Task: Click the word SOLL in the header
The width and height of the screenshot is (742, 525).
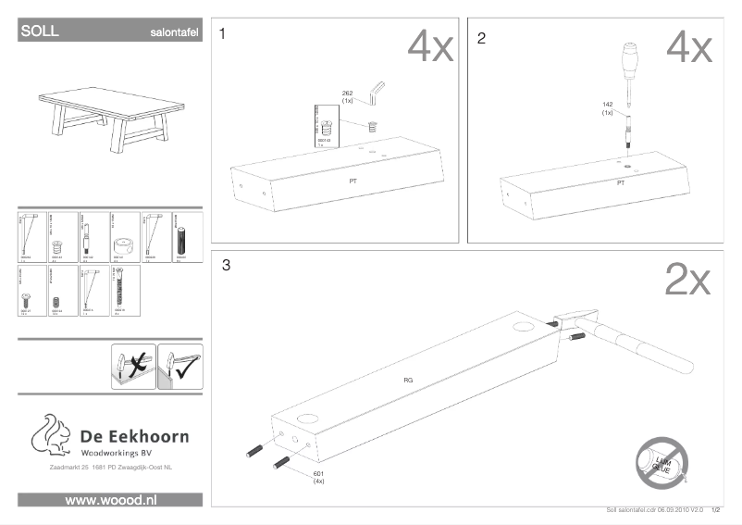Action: (40, 31)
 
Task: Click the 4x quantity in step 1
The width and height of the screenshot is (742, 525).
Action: (431, 46)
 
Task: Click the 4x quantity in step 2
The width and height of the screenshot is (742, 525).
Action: (689, 46)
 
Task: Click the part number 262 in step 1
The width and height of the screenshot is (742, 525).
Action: (348, 94)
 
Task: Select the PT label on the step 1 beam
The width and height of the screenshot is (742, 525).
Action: (352, 181)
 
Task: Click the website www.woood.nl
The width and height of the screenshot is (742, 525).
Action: (110, 500)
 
